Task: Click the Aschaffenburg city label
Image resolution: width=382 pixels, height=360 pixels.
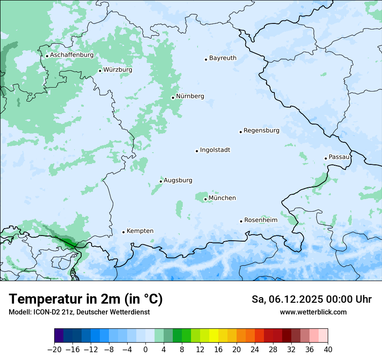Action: tap(72, 56)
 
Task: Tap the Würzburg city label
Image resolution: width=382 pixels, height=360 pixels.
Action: tap(118, 70)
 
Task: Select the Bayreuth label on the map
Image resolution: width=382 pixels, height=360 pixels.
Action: tap(223, 58)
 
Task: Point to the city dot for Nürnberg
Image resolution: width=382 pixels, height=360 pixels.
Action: tap(173, 98)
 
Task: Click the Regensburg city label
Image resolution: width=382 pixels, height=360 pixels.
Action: tap(261, 131)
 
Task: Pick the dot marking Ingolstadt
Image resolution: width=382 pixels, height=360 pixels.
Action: tap(197, 151)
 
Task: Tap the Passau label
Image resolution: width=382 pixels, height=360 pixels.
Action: tap(339, 157)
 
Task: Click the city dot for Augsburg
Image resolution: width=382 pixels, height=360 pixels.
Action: tap(161, 181)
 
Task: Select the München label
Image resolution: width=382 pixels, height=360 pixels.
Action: tap(222, 198)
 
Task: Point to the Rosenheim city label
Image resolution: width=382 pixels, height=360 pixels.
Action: tap(260, 220)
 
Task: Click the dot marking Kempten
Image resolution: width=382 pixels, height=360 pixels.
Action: tap(123, 232)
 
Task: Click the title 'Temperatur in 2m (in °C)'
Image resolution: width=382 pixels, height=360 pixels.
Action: tap(86, 299)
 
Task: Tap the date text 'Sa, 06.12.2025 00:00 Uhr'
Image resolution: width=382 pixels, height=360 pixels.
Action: tap(311, 300)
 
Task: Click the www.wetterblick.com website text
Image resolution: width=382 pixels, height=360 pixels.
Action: tap(313, 312)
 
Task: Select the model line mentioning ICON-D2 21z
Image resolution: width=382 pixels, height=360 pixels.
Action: tap(79, 312)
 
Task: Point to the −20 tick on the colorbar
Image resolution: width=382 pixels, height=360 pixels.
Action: tap(55, 350)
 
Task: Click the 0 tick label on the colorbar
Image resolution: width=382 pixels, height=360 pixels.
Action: tap(145, 350)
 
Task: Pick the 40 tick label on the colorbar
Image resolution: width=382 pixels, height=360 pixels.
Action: tap(328, 350)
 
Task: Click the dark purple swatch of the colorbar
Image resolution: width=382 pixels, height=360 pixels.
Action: tap(59, 336)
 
